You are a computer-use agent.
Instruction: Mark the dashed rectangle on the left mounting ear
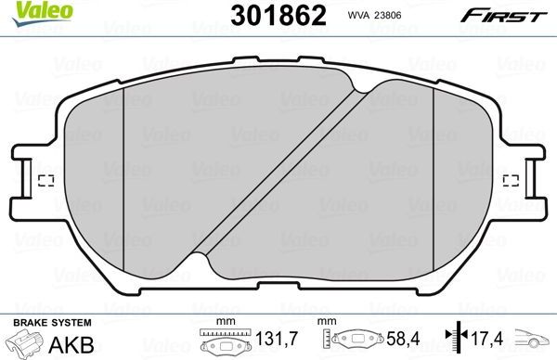[x=47, y=180]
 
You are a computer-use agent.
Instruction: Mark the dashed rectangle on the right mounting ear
[x=510, y=180]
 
